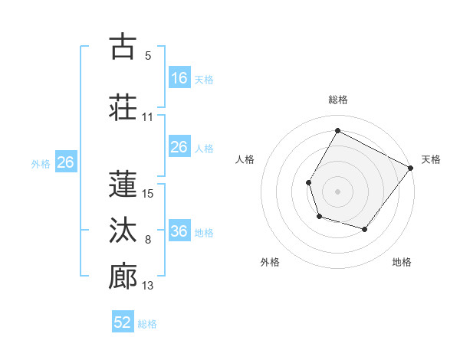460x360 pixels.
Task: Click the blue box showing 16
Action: tap(179, 78)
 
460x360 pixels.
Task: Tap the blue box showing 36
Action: tap(179, 231)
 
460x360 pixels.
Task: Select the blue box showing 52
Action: tap(123, 322)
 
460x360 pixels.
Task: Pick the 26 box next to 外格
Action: tap(65, 162)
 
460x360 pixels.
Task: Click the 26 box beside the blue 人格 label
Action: tap(179, 147)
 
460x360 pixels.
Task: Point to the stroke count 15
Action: tap(149, 194)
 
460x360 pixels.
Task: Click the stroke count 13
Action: tap(149, 286)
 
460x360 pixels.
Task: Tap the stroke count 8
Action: tap(148, 241)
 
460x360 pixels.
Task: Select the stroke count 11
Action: tap(148, 117)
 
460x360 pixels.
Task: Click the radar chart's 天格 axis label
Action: tap(432, 159)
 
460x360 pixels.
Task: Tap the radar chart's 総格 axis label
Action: tap(337, 100)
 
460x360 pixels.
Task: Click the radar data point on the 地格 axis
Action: tap(365, 229)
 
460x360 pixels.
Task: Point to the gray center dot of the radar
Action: tap(337, 191)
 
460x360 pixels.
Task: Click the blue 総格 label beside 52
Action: tap(148, 324)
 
